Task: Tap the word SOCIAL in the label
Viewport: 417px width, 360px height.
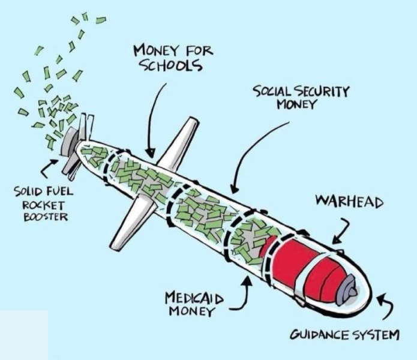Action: [272, 92]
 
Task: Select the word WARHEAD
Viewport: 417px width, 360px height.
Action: [349, 201]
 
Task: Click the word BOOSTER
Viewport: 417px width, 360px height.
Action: [46, 217]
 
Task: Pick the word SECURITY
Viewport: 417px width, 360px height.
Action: [321, 92]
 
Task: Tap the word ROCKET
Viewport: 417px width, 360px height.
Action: [43, 205]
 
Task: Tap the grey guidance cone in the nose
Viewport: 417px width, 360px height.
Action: [347, 290]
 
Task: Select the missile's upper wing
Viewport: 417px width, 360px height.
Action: [179, 143]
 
